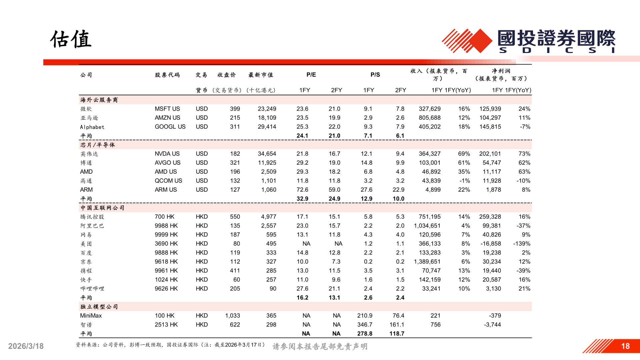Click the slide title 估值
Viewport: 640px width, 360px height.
71,39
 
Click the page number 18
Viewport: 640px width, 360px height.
625,346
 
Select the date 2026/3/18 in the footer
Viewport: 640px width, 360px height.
26,346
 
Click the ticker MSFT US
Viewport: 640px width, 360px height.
167,109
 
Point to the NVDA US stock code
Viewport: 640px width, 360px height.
167,154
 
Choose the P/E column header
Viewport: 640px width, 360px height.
311,75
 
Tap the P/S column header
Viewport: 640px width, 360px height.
375,75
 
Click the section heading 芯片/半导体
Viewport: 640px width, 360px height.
98,145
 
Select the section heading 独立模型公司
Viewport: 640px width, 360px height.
99,307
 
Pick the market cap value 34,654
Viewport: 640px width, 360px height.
267,154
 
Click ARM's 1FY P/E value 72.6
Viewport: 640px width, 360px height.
302,190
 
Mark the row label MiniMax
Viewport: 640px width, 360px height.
91,316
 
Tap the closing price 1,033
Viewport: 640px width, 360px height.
232,316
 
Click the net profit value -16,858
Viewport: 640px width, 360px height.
490,244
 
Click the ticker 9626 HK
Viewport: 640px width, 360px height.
166,289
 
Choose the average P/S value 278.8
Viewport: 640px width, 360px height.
365,334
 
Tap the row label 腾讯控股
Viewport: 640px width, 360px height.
92,217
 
